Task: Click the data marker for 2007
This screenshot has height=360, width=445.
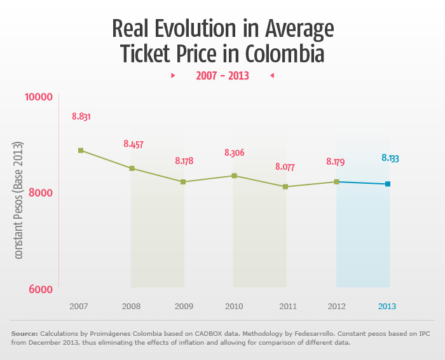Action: click(x=81, y=151)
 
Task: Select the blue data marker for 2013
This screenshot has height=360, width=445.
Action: click(x=387, y=184)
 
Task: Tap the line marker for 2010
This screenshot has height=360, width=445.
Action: click(x=234, y=176)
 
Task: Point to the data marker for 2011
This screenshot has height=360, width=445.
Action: click(x=285, y=187)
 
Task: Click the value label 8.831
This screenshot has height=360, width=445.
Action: click(x=81, y=116)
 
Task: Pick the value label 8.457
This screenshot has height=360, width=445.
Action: click(x=133, y=144)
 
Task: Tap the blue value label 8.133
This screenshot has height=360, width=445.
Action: click(x=390, y=158)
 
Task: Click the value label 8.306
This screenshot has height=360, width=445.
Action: click(x=234, y=153)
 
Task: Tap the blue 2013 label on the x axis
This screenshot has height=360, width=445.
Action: click(x=387, y=306)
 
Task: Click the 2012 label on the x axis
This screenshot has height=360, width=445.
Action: click(x=336, y=306)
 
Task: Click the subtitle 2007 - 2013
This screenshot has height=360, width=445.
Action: click(x=222, y=76)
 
